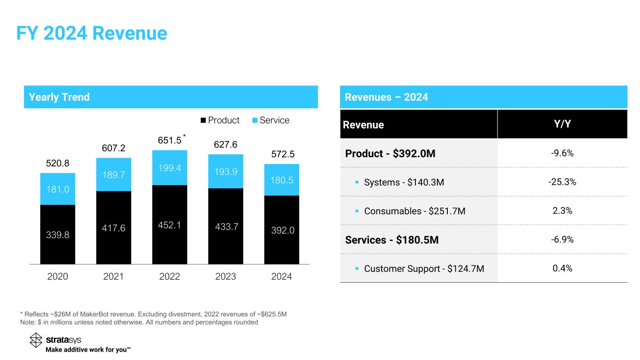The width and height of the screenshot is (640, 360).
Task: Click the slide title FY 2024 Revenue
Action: point(91,33)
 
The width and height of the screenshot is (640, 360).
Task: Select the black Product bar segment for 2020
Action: point(58,234)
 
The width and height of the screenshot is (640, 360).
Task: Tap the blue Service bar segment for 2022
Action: point(170,167)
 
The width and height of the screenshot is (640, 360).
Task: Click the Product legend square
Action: point(203,120)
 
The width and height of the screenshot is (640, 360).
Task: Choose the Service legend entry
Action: point(270,120)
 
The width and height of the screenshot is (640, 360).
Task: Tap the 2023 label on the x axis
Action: point(226,277)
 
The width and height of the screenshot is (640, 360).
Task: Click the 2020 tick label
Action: point(58,277)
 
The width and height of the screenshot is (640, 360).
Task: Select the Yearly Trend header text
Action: point(59,97)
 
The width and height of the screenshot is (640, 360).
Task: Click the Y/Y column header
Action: point(562,125)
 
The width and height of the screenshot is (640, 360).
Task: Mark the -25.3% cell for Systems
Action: point(562,182)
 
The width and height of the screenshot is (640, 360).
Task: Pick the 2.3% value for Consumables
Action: point(562,210)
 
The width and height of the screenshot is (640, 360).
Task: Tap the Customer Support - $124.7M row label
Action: point(424,269)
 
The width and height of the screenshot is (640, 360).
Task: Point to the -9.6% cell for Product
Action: point(562,153)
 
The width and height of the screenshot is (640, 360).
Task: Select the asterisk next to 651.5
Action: point(185,136)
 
